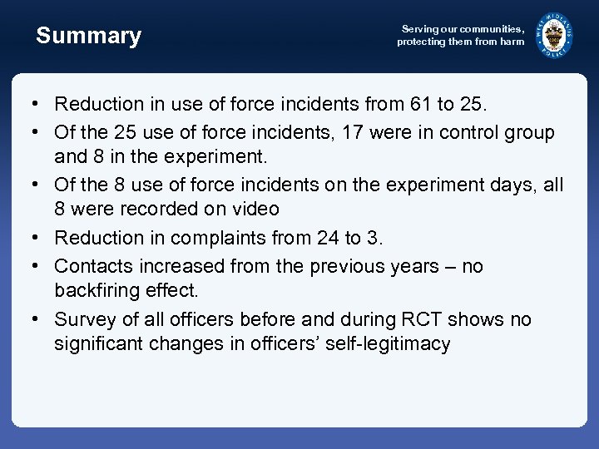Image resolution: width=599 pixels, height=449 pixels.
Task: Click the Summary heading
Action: [88, 36]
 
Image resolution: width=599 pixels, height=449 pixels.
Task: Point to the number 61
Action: [421, 104]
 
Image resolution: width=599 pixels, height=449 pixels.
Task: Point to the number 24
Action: [328, 238]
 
